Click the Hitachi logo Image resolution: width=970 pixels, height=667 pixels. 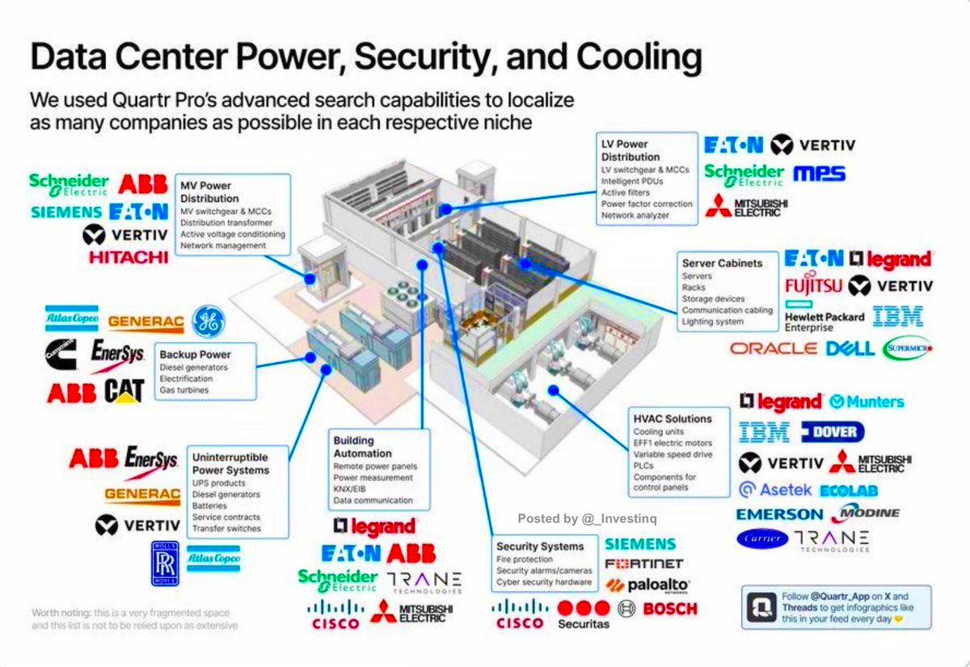[129, 257]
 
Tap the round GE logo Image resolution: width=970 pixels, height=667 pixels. [209, 322]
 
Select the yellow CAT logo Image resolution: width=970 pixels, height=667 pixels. [124, 391]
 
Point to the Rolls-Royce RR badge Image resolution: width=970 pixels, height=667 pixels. [165, 564]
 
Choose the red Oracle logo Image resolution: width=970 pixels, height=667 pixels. [774, 348]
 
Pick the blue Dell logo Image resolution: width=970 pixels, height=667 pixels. [850, 348]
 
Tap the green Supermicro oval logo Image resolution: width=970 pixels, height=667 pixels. [907, 348]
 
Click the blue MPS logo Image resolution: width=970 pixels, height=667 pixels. [819, 173]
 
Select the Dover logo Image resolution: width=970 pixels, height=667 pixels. [833, 432]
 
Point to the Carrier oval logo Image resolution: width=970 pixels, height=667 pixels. [762, 538]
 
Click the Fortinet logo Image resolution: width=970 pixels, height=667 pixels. [643, 564]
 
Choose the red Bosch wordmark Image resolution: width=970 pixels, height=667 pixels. [669, 608]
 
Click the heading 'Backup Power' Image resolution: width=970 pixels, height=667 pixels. [195, 354]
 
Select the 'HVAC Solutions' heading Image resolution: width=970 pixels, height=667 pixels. [673, 419]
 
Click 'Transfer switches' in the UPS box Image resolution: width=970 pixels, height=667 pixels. [226, 528]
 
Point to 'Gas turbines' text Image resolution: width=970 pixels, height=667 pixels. [184, 390]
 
